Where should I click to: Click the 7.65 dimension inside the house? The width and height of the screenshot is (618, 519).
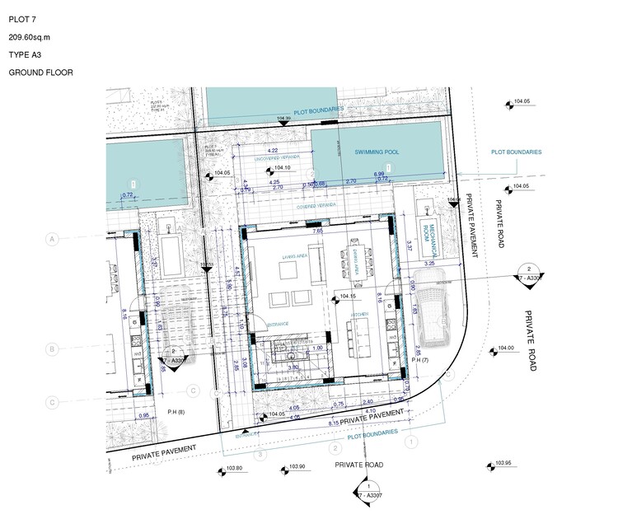tap(317, 232)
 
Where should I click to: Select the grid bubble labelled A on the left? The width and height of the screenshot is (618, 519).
tap(52, 239)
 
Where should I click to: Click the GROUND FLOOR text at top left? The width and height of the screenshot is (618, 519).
tap(40, 72)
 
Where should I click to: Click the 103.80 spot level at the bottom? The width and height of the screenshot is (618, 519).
tap(234, 470)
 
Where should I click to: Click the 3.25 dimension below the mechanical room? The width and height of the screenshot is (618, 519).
tap(428, 262)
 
